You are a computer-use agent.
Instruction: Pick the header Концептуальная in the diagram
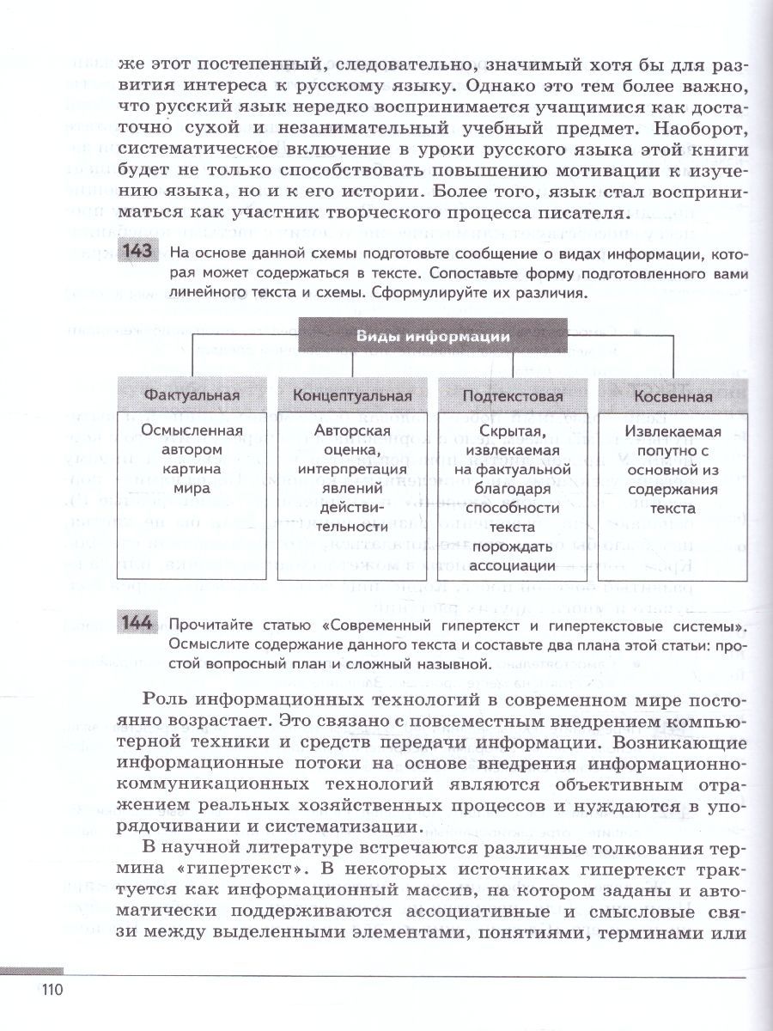[353, 396]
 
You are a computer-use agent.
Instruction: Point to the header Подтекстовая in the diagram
[513, 396]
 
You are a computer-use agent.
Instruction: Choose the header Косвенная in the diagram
[673, 396]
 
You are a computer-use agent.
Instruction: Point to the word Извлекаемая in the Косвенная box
[673, 432]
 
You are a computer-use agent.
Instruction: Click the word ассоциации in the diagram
[513, 566]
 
